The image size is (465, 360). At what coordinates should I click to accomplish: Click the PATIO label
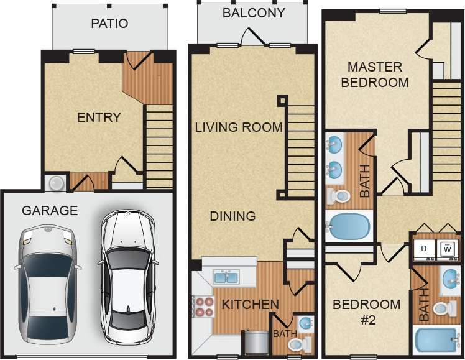pyautogui.click(x=109, y=24)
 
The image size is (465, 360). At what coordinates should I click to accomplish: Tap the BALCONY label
pyautogui.click(x=254, y=12)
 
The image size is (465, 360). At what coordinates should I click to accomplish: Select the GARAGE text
pyautogui.click(x=50, y=211)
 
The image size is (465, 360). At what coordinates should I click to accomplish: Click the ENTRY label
pyautogui.click(x=99, y=118)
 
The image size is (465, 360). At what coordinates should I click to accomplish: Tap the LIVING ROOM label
pyautogui.click(x=239, y=127)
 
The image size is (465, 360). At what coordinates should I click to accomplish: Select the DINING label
pyautogui.click(x=233, y=216)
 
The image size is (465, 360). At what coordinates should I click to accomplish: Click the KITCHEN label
pyautogui.click(x=250, y=305)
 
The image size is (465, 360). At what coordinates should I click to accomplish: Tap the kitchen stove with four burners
pyautogui.click(x=203, y=306)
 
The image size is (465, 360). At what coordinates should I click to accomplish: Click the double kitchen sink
pyautogui.click(x=225, y=277)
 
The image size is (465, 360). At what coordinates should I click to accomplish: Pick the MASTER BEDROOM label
pyautogui.click(x=375, y=74)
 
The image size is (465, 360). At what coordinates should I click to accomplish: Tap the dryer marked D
pyautogui.click(x=425, y=249)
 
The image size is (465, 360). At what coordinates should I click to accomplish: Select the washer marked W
pyautogui.click(x=448, y=249)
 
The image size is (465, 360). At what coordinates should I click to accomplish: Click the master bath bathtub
pyautogui.click(x=348, y=227)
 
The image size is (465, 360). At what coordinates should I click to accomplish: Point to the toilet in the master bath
pyautogui.click(x=339, y=196)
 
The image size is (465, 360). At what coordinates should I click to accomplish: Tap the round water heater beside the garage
pyautogui.click(x=57, y=182)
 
